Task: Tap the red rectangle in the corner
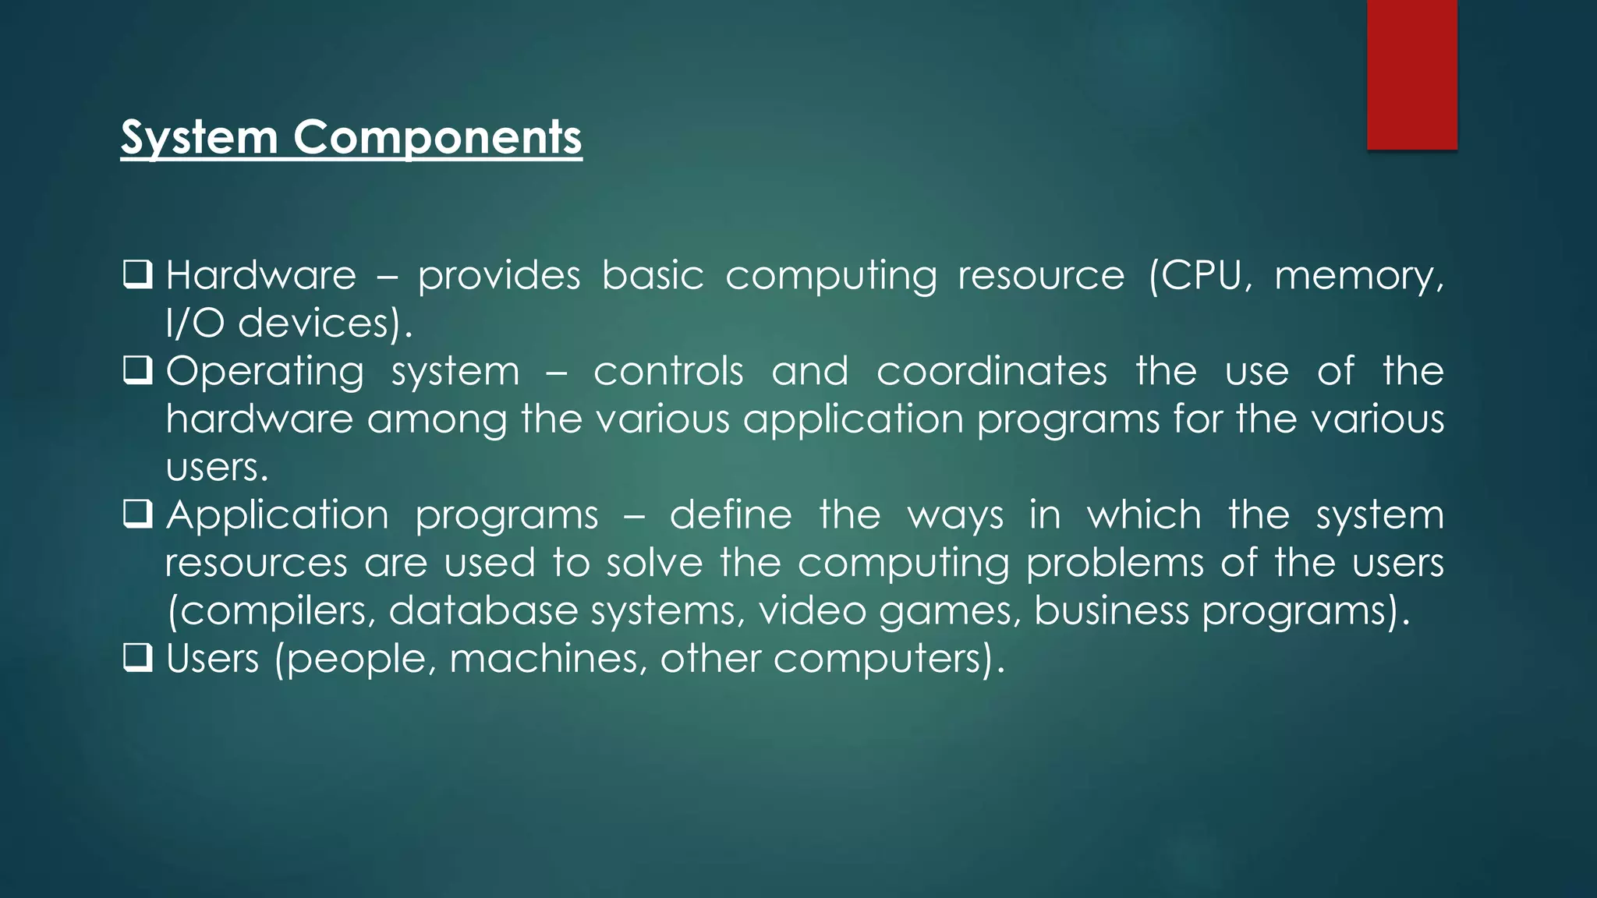click(1411, 74)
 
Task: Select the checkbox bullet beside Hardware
click(137, 275)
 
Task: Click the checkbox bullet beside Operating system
click(137, 371)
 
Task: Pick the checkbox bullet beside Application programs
click(137, 514)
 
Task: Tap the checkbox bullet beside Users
click(137, 659)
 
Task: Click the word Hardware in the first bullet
click(261, 275)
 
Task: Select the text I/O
click(195, 323)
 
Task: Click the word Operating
click(265, 372)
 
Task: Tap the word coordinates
click(991, 371)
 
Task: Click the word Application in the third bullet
click(277, 514)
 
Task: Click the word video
click(812, 610)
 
